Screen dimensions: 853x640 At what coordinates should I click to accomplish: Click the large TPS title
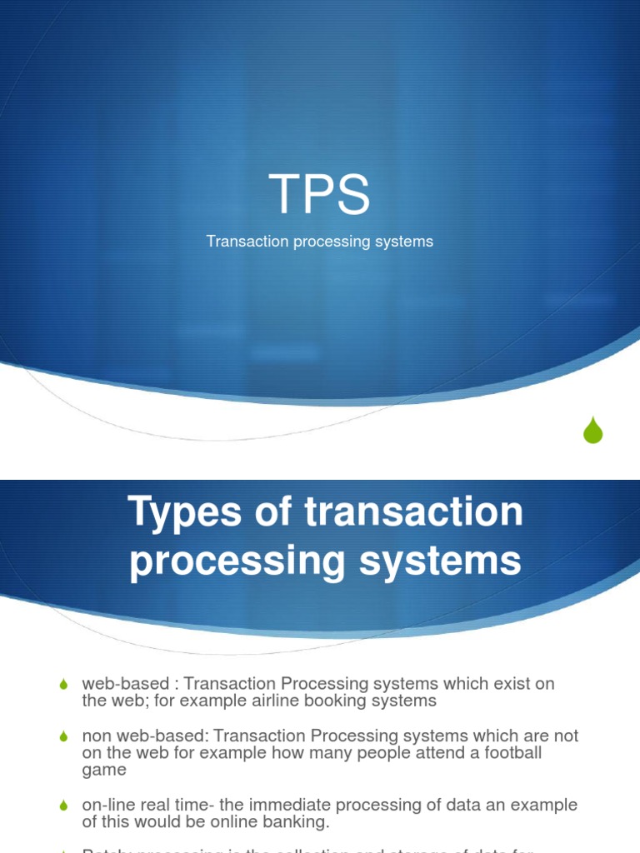(319, 194)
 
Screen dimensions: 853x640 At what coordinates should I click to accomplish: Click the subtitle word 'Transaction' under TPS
(247, 242)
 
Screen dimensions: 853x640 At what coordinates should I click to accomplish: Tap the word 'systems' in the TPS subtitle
(405, 242)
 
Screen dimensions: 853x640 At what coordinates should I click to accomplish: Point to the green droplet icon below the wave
(592, 430)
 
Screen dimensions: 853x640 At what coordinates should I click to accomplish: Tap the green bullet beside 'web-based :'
(63, 685)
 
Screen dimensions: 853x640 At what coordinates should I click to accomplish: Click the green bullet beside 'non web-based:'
(63, 737)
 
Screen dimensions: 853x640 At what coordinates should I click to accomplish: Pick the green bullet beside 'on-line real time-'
(63, 806)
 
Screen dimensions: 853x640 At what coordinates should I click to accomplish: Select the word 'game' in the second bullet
(104, 770)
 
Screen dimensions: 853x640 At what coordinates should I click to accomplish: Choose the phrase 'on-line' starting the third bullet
(106, 806)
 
